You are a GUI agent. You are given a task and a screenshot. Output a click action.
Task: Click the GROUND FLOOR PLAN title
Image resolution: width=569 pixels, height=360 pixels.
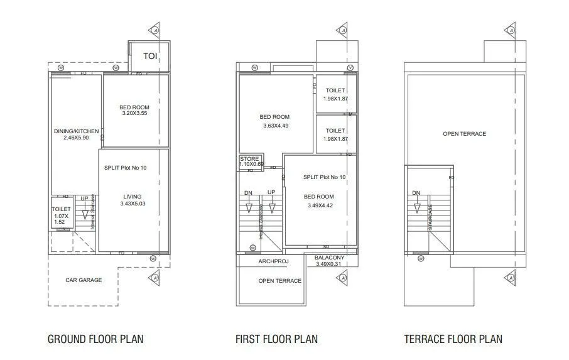click(x=95, y=339)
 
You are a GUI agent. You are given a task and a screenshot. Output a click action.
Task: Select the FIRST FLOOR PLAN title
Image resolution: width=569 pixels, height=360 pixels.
click(x=276, y=339)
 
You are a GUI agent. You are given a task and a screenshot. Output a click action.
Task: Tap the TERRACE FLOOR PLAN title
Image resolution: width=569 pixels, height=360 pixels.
click(x=453, y=339)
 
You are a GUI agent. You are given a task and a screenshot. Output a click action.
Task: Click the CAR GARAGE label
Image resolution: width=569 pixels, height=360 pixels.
click(x=84, y=280)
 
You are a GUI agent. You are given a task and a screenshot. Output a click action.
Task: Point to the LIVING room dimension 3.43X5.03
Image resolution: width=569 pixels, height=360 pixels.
click(x=132, y=204)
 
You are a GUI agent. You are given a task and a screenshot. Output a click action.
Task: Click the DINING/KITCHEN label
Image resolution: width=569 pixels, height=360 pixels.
click(x=76, y=131)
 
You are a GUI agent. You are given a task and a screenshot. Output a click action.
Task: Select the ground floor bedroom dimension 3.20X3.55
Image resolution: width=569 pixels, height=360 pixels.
click(x=134, y=114)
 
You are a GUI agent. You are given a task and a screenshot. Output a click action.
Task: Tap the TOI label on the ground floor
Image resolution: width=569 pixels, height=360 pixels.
click(x=150, y=57)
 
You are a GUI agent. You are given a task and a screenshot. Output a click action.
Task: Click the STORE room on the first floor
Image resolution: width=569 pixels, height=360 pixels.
click(x=249, y=160)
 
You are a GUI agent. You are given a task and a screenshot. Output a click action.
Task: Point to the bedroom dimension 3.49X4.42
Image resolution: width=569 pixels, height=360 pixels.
click(x=320, y=205)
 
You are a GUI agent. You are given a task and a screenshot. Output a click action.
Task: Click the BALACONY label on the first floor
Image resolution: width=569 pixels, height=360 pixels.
click(x=329, y=257)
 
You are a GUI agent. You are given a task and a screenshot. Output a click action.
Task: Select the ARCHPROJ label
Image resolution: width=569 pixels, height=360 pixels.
click(x=273, y=261)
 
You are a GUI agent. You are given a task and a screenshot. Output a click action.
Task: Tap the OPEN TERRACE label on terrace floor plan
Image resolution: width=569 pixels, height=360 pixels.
click(x=464, y=134)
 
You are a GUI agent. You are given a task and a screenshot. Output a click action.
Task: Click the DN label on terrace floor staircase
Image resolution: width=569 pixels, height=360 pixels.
click(x=416, y=193)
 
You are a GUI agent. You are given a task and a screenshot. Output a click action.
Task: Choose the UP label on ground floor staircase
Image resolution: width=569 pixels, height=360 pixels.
click(x=84, y=199)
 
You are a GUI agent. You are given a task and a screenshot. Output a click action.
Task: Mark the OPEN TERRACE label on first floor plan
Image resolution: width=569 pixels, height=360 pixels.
click(x=279, y=281)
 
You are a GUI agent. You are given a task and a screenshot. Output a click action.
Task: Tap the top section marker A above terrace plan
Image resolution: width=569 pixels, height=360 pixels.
click(x=511, y=30)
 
